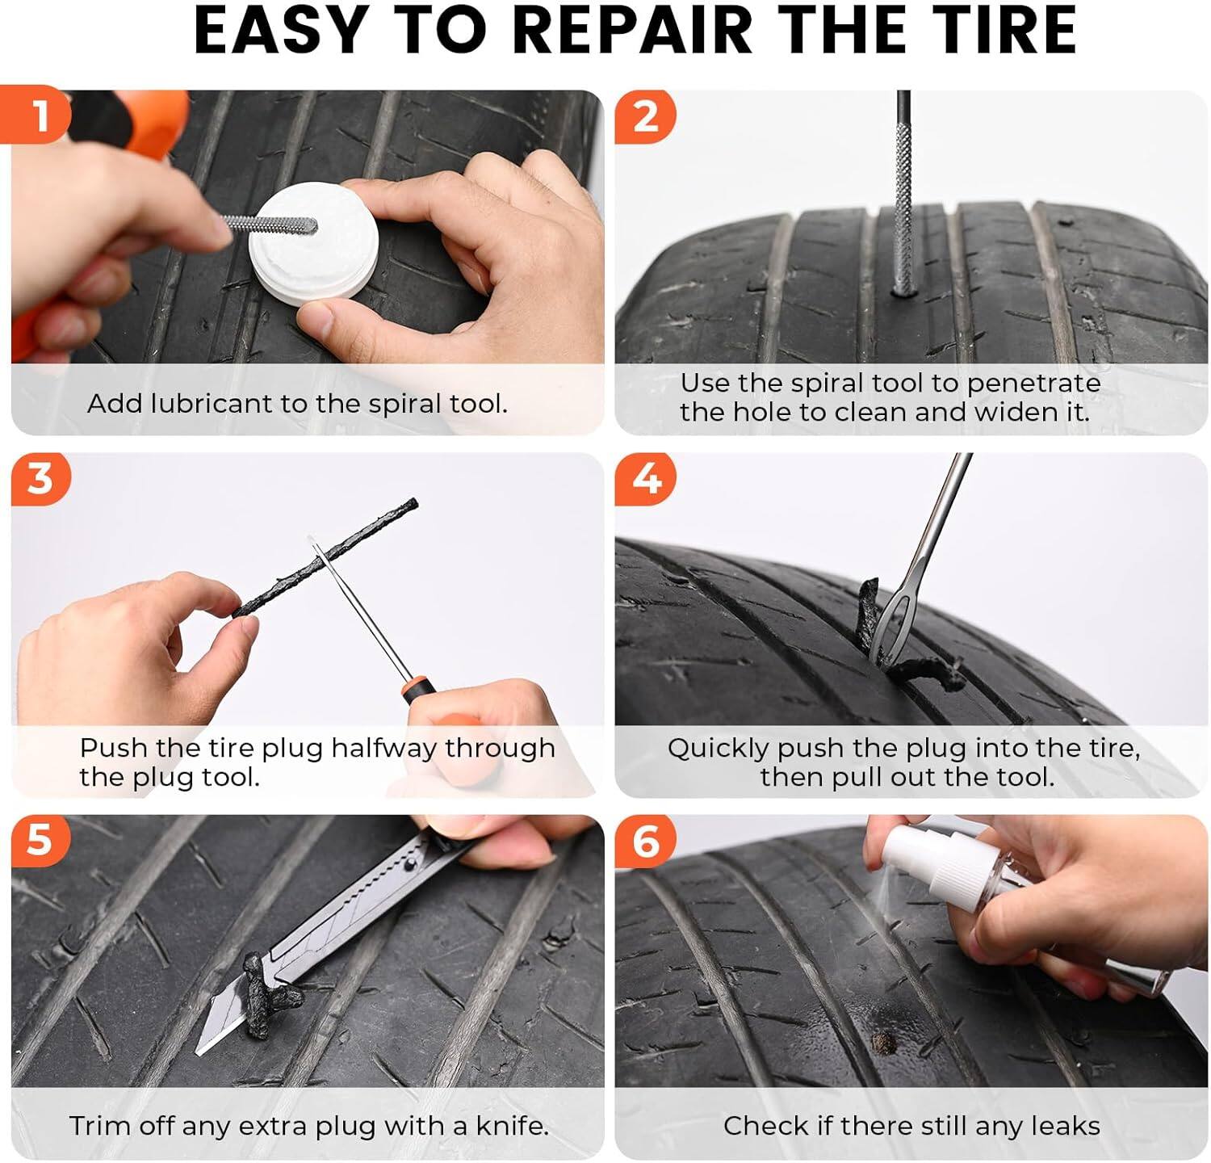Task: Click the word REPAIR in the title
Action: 631,30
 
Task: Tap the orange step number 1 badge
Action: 39,115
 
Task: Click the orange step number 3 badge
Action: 40,479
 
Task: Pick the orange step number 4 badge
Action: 645,479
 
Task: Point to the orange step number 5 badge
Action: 39,840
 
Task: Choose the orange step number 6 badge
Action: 645,841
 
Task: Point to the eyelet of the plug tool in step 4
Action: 890,626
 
